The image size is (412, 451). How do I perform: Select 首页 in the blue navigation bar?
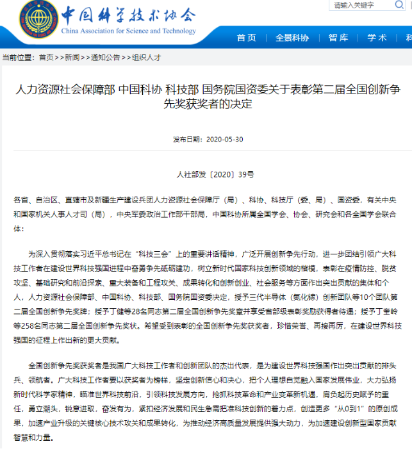point(246,38)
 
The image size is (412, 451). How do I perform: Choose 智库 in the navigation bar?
point(338,38)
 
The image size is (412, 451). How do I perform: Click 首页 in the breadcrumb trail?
point(46,57)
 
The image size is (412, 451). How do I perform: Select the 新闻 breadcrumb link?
point(72,57)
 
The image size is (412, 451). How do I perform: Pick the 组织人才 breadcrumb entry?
point(146,57)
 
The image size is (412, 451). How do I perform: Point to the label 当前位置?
point(17,57)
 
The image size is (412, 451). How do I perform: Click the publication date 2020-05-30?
point(225,139)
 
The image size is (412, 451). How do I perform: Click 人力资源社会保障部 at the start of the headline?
point(65,90)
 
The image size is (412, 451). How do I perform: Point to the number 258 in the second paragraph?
point(38,325)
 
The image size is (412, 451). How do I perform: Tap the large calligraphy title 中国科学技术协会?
point(128,14)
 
